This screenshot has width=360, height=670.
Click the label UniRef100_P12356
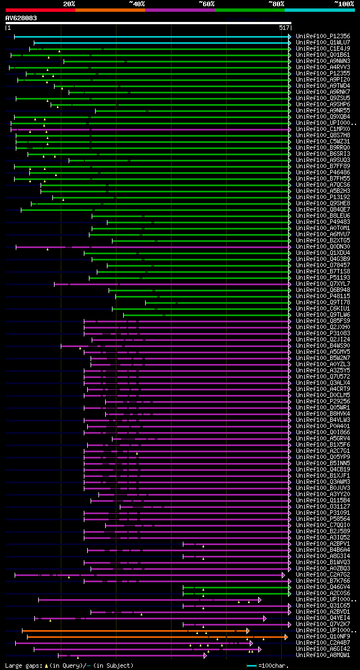tap(322, 37)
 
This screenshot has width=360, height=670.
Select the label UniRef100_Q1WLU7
tap(322, 43)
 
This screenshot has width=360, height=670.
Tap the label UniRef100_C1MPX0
tap(322, 129)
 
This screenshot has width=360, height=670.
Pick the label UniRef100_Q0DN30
tap(322, 247)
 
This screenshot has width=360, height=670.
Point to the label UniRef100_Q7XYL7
tap(322, 284)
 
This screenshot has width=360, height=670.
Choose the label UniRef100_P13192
tap(322, 197)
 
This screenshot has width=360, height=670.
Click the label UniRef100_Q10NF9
tap(322, 637)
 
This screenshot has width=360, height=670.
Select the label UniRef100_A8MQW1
tap(322, 655)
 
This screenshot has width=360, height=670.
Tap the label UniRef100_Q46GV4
tap(322, 587)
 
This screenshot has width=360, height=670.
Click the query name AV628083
tap(21, 19)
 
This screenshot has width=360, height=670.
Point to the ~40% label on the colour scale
tap(137, 4)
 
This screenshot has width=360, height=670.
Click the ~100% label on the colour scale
tap(343, 4)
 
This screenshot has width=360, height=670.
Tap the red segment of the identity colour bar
tap(40, 10)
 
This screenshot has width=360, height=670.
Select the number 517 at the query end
tap(283, 28)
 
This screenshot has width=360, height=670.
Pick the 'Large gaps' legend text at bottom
tap(22, 666)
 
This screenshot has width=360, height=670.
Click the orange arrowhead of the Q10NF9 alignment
tap(286, 637)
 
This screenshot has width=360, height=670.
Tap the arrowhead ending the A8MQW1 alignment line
tap(205, 655)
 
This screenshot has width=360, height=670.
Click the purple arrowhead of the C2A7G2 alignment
tap(283, 575)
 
